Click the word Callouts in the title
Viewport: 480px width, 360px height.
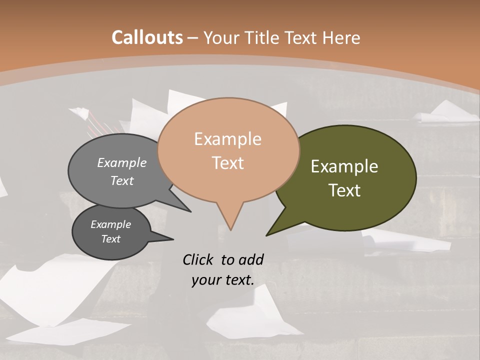click(x=147, y=37)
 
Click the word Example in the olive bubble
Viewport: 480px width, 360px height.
click(x=344, y=166)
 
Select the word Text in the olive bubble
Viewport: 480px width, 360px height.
click(x=344, y=190)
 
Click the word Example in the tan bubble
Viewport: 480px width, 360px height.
click(x=227, y=139)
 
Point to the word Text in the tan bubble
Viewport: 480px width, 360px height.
click(x=227, y=163)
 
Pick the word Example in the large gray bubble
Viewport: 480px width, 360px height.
click(x=122, y=162)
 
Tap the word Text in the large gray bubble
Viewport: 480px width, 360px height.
click(x=122, y=180)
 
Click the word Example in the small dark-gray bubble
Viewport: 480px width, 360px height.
click(x=110, y=224)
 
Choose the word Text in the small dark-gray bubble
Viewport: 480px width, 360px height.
click(x=110, y=239)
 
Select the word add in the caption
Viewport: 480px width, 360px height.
click(x=250, y=259)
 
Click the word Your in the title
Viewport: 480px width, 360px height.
click(x=220, y=37)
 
